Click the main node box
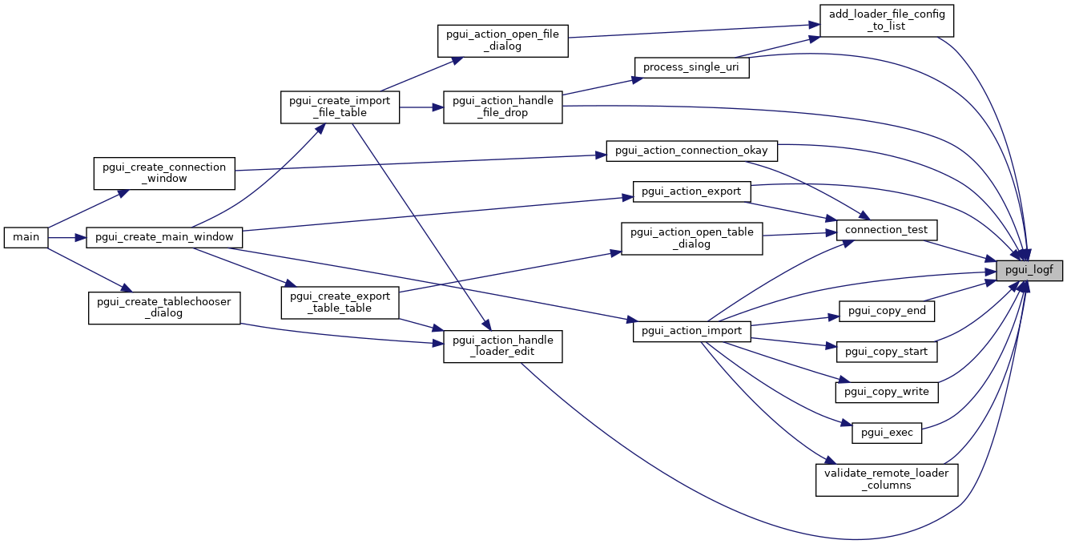pos(26,237)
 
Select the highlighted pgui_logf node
pos(1029,270)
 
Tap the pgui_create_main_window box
pos(164,237)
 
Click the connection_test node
pos(886,230)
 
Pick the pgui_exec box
pos(887,433)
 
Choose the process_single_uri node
pos(691,67)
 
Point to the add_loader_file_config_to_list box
pos(887,20)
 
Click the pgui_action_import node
pos(691,331)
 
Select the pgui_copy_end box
pos(887,310)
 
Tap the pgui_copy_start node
pos(887,351)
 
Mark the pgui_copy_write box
pos(887,392)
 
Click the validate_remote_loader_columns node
pos(887,479)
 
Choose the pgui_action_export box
pos(691,191)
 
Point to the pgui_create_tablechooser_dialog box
pos(164,307)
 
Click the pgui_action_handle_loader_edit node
pos(503,346)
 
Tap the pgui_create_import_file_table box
pos(340,107)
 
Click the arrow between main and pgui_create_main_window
pos(67,237)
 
